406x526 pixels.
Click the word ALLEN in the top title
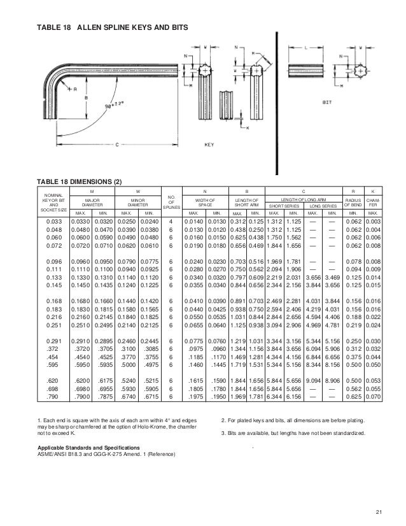pos(90,29)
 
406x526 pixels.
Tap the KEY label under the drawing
pos(208,144)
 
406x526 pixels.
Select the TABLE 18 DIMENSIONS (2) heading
pos(77,182)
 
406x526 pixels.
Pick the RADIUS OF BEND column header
pos(352,202)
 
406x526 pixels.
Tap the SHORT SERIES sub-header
pos(283,206)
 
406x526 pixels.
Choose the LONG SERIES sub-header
pos(323,206)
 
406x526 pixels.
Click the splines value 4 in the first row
pos(171,220)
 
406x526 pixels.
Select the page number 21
pos(380,511)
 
